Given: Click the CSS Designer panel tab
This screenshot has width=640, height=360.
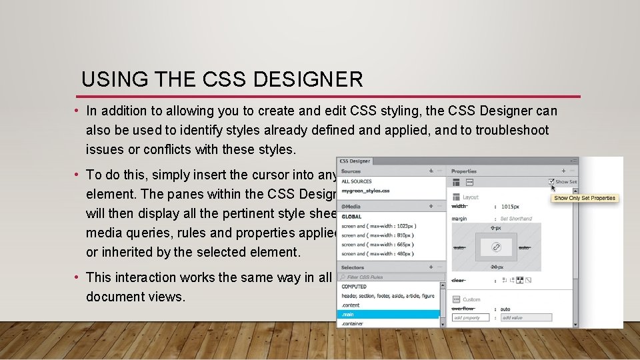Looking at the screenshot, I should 355,161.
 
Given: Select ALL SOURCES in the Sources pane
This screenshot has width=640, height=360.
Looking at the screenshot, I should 357,181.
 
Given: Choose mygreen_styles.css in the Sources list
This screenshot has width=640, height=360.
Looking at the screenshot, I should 365,191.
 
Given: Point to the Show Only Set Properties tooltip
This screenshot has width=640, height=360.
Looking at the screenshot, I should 585,198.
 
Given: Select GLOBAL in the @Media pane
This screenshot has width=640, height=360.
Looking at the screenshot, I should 351,217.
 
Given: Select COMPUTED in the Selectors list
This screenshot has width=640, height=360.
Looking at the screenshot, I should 354,287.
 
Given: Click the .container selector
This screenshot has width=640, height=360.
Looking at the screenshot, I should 353,323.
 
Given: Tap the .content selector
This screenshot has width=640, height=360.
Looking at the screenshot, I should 351,305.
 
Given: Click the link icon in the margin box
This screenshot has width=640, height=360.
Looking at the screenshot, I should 497,247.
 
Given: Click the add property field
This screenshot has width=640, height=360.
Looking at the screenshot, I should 471,317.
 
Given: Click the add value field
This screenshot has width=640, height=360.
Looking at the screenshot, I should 526,317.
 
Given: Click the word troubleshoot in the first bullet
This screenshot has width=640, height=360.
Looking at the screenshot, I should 512,129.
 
